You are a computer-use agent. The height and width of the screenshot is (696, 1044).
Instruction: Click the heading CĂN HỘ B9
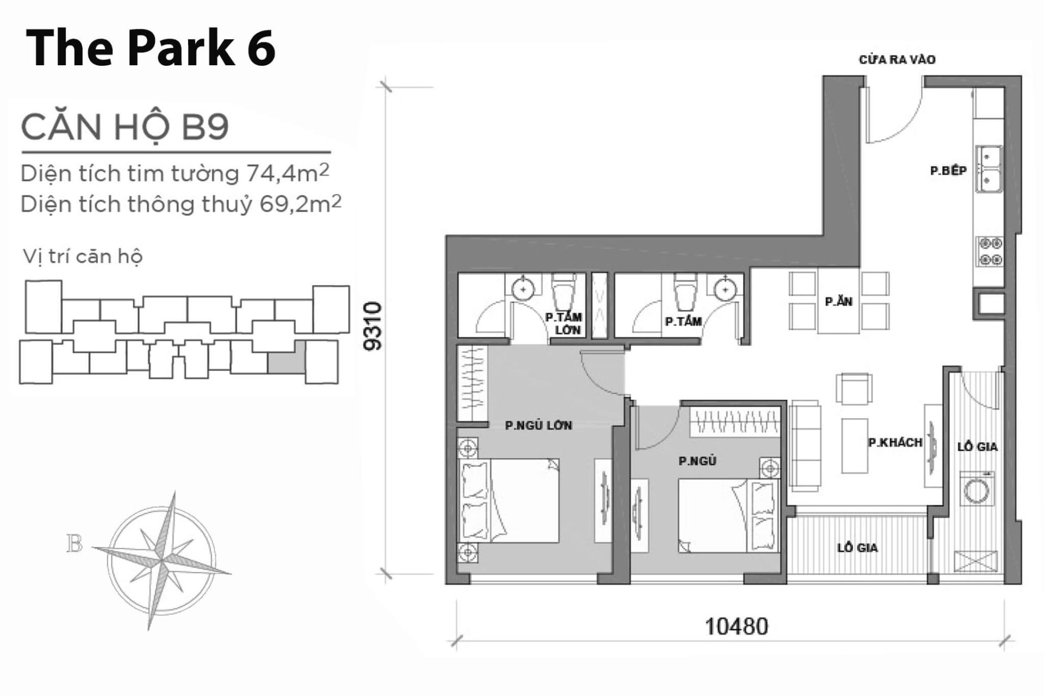point(125,127)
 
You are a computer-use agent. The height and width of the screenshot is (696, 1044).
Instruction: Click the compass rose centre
point(161,560)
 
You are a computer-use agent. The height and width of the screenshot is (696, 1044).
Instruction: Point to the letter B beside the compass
point(74,544)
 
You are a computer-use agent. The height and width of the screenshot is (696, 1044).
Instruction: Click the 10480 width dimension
point(736,626)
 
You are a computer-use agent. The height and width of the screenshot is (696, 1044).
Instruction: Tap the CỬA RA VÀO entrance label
point(897,60)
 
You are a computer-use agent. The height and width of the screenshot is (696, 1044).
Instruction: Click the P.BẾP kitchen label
point(948,171)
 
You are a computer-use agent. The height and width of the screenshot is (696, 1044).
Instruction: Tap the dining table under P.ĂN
point(838,302)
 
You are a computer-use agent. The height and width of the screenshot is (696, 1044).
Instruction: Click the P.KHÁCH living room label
point(895,443)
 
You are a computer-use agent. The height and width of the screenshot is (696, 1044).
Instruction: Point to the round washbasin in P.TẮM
point(725,289)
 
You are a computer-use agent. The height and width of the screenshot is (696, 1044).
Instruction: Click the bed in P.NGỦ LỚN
point(509,500)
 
